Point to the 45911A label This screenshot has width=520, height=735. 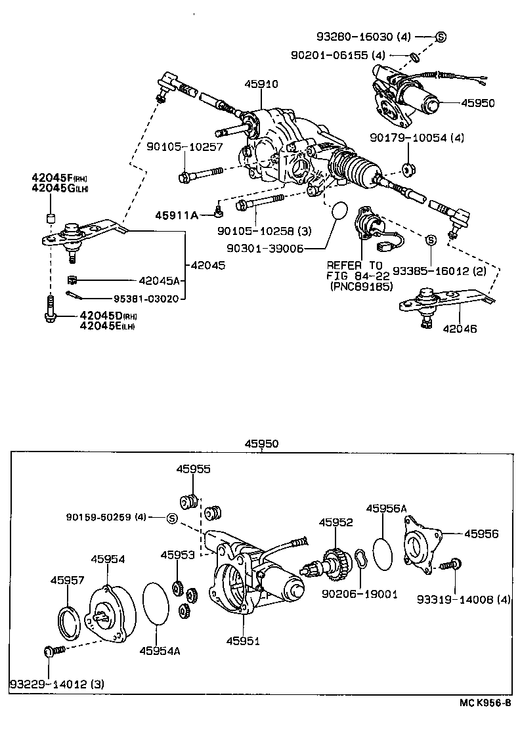176,215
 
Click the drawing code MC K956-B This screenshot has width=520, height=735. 485,702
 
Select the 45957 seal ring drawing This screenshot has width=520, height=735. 68,618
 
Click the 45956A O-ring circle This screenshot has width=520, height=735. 386,553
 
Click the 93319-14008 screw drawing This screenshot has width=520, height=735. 450,564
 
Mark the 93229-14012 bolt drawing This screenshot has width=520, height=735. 52,652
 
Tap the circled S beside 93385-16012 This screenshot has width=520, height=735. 431,241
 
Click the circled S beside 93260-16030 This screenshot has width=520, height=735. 441,37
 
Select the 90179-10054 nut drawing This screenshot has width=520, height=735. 408,170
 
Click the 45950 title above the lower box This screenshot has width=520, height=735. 261,444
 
